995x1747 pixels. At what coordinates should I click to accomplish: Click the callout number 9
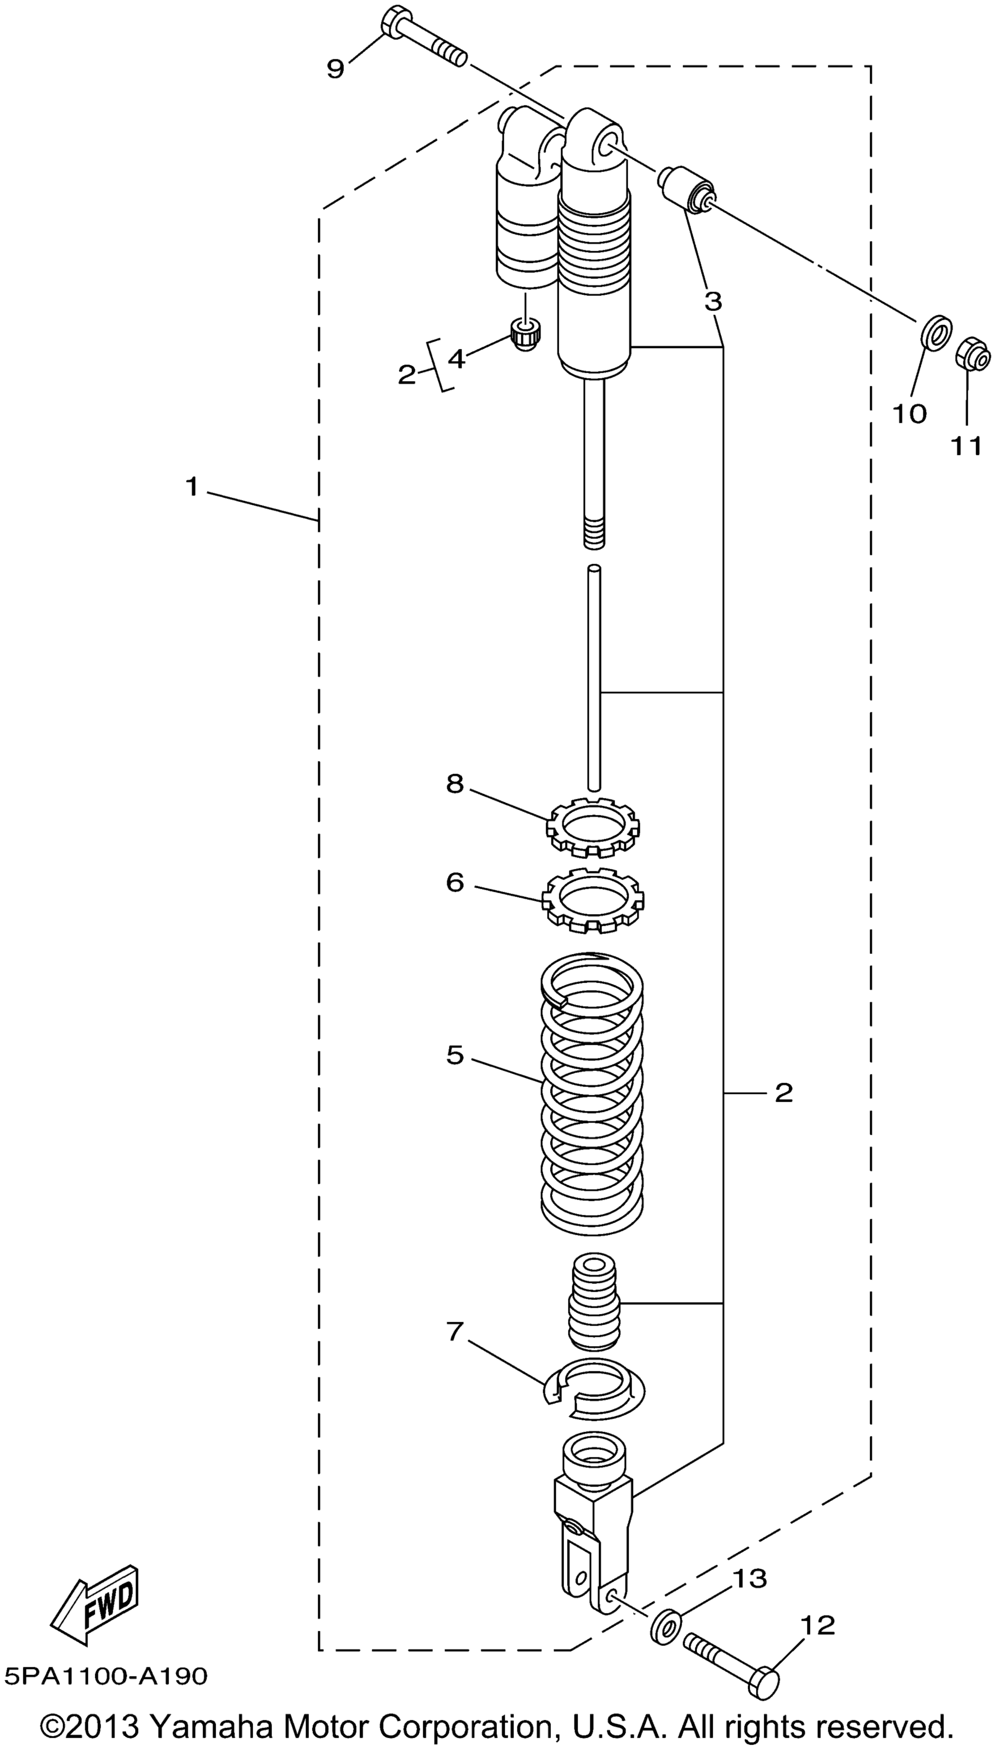[x=335, y=69]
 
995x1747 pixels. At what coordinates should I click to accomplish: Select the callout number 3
[x=713, y=301]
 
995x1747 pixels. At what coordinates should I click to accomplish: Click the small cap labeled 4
[x=526, y=335]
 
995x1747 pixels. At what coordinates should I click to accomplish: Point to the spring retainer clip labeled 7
[x=594, y=1390]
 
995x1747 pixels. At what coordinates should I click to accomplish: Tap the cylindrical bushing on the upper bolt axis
[x=686, y=189]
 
